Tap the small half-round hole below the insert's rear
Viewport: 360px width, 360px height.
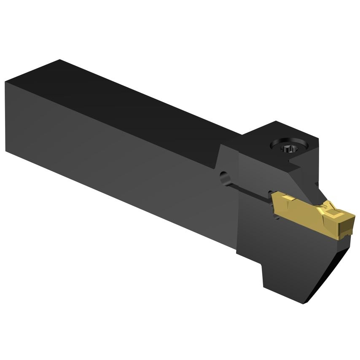[277, 217]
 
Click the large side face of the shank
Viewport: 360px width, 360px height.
[114, 156]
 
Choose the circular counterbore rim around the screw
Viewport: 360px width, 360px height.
[282, 143]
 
